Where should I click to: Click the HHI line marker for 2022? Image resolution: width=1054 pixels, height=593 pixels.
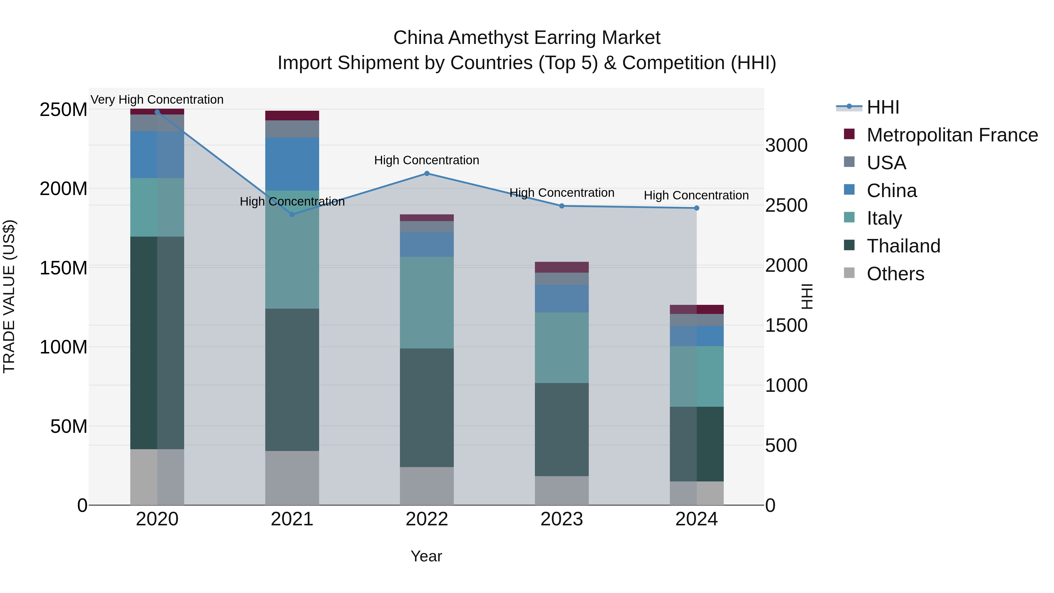pyautogui.click(x=427, y=174)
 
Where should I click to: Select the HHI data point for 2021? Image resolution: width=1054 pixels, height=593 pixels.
pyautogui.click(x=292, y=214)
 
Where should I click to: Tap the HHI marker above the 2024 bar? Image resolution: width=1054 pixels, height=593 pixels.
pyautogui.click(x=697, y=208)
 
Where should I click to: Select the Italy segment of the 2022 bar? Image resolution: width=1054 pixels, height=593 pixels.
pyautogui.click(x=427, y=303)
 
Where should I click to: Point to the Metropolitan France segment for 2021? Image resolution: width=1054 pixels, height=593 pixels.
pyautogui.click(x=292, y=115)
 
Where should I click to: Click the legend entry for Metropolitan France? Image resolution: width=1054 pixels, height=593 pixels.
pyautogui.click(x=952, y=135)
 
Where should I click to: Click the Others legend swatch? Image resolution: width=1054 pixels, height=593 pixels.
pyautogui.click(x=849, y=273)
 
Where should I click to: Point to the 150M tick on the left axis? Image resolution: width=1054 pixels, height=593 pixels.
pyautogui.click(x=64, y=268)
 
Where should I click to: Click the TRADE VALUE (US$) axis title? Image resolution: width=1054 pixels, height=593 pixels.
pyautogui.click(x=9, y=296)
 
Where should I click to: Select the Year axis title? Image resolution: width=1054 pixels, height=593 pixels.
pyautogui.click(x=426, y=556)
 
